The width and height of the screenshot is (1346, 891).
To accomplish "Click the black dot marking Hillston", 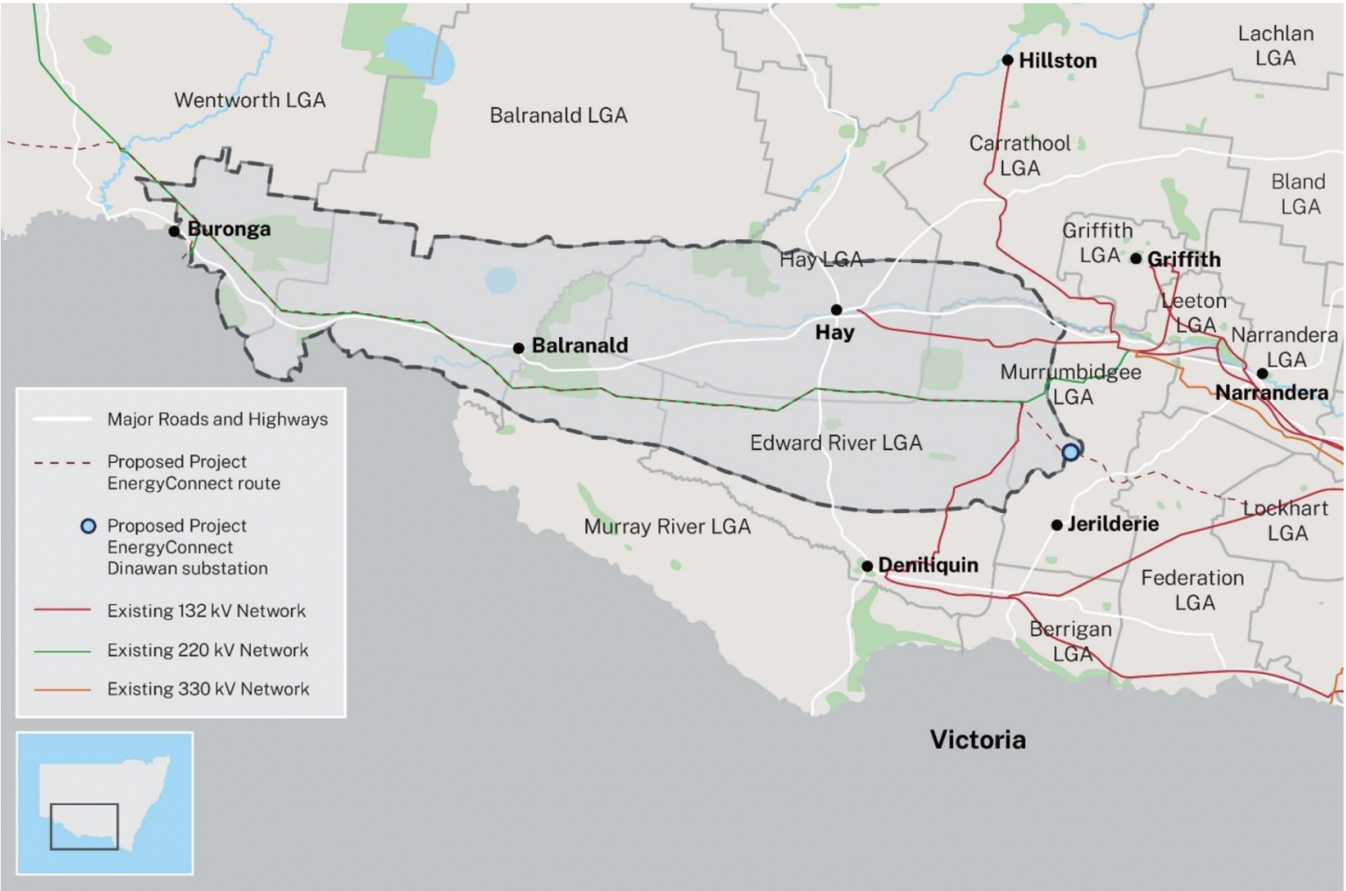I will [x=1008, y=61].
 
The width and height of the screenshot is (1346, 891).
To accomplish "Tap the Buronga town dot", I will [x=174, y=232].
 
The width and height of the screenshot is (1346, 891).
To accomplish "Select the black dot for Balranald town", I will [x=519, y=348].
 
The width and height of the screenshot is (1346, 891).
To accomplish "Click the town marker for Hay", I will [x=836, y=310].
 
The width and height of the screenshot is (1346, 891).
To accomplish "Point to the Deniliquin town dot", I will [x=867, y=567].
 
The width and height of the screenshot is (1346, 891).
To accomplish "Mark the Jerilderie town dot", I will [x=1057, y=525].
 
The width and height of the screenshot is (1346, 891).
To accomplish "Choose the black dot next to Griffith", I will [x=1136, y=259].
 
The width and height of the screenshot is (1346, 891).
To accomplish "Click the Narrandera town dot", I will [x=1262, y=374].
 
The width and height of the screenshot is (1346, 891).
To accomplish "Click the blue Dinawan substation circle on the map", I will [x=1071, y=453].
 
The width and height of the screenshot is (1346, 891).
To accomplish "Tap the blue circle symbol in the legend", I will [x=88, y=526].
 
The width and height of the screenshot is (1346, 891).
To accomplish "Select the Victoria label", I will [x=978, y=740].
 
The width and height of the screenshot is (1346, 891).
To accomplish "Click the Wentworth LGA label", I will [x=250, y=100].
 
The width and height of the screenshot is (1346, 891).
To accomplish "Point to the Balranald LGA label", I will [x=558, y=116].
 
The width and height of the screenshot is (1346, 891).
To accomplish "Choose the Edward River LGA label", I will [x=836, y=443].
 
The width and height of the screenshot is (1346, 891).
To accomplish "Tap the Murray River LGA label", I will [x=667, y=527].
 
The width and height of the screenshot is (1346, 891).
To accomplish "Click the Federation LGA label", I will [x=1193, y=590].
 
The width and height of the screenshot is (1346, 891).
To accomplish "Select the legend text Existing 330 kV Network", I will [x=209, y=689].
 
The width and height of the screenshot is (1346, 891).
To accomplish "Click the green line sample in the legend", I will [x=61, y=651].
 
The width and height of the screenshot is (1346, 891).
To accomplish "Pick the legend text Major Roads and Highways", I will [x=217, y=419].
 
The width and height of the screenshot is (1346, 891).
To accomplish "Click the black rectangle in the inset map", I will [x=84, y=826].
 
